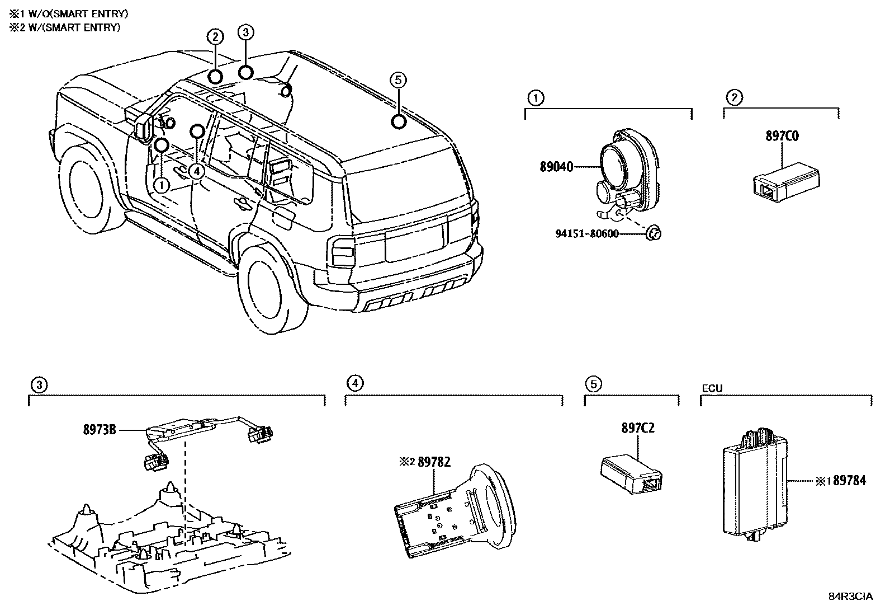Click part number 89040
point(556,167)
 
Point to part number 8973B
point(100,430)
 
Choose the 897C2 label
point(637,428)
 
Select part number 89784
point(849,481)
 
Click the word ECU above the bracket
point(712,387)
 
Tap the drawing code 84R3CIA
point(850,597)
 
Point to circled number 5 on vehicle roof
point(397,81)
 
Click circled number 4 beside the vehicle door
point(196,171)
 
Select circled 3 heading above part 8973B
point(38,384)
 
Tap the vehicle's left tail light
point(343,251)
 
